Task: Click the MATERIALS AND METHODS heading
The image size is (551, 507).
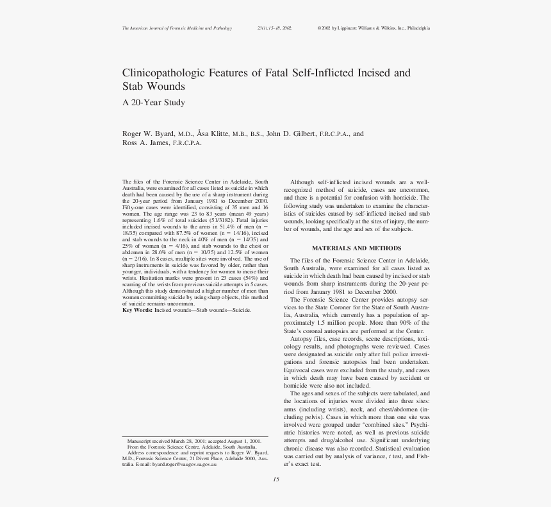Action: (x=356, y=248)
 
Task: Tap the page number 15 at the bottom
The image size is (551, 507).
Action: (x=276, y=479)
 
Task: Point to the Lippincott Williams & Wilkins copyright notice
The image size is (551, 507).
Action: (x=374, y=28)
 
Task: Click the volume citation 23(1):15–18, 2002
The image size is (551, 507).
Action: (x=274, y=28)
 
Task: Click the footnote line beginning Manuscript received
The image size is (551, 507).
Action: (x=194, y=442)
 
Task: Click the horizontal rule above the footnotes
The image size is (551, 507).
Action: (x=195, y=436)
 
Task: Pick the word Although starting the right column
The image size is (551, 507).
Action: (x=302, y=182)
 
